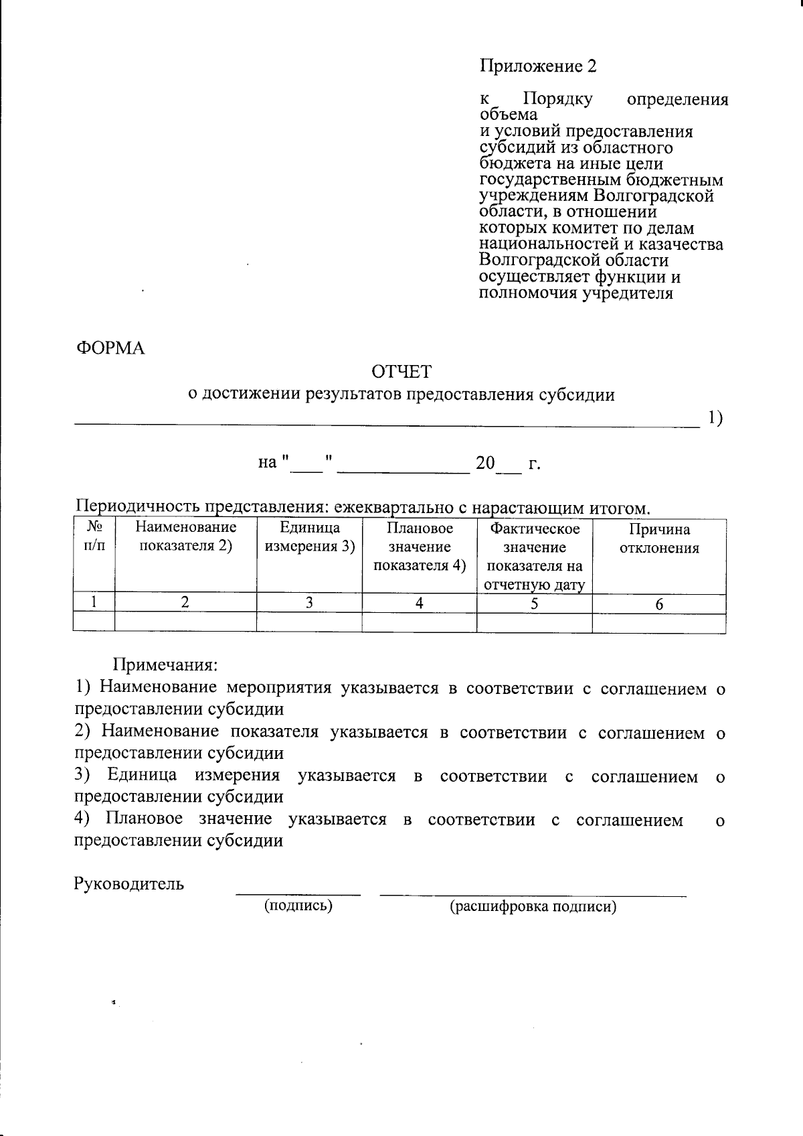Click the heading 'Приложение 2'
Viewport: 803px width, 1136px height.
point(537,66)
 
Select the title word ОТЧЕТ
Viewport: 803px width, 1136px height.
point(401,372)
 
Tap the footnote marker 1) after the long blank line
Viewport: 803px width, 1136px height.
point(714,419)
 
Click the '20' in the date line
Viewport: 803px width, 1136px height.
point(485,463)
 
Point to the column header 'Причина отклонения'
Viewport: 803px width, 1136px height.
point(659,539)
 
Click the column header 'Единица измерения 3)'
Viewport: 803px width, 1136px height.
point(309,537)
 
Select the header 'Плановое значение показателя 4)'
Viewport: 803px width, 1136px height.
point(420,547)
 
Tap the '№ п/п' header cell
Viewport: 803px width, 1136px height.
point(94,537)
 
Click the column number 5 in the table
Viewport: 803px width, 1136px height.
point(534,603)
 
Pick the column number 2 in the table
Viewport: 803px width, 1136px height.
point(185,603)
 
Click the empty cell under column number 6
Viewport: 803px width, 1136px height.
point(659,623)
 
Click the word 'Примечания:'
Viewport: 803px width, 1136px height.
point(165,665)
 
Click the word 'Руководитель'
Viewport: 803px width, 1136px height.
point(128,883)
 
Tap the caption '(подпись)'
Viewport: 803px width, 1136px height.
point(298,906)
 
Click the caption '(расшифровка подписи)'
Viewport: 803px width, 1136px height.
point(533,907)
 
